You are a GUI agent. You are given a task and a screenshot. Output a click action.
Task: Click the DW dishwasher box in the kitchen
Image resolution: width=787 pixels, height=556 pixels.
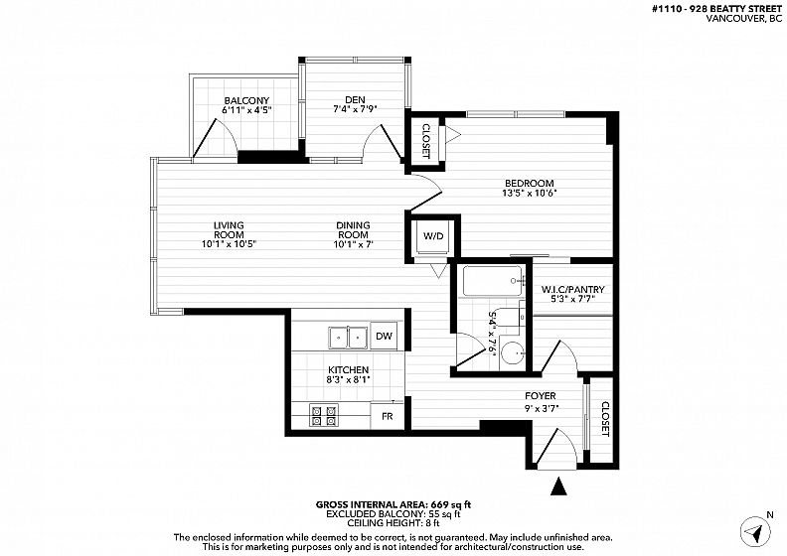[384, 336]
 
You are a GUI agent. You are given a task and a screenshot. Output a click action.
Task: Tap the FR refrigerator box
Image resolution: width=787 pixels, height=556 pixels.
[387, 416]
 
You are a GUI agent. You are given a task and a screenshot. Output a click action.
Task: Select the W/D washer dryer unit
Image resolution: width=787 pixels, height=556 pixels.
[433, 236]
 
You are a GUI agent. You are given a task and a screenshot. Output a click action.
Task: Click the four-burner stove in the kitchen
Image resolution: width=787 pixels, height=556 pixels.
[324, 415]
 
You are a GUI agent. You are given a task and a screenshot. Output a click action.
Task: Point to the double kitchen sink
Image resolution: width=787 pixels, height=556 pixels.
[349, 338]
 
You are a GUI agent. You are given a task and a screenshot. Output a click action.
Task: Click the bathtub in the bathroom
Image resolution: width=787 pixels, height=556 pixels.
[494, 281]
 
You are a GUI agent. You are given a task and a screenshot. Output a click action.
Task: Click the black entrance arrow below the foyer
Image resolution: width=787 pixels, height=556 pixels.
[558, 486]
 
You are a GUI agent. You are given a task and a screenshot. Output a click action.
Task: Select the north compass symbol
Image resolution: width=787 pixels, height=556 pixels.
[755, 531]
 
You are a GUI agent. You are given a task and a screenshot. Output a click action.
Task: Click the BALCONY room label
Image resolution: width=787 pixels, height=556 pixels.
[247, 100]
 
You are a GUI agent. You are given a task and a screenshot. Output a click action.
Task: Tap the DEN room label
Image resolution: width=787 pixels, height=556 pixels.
[356, 99]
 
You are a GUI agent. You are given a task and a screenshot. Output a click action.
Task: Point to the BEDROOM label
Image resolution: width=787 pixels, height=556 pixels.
[530, 184]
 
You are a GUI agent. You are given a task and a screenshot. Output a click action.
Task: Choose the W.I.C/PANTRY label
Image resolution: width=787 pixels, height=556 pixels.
[572, 290]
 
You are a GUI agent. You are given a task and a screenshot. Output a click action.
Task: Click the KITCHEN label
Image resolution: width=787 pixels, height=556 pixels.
[349, 370]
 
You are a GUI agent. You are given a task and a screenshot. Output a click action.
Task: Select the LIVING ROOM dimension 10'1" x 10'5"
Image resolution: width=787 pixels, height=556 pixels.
[229, 244]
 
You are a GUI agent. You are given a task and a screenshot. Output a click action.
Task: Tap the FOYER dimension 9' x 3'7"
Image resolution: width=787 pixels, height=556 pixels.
[541, 408]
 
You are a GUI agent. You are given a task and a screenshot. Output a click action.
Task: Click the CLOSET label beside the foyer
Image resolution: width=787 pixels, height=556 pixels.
[605, 419]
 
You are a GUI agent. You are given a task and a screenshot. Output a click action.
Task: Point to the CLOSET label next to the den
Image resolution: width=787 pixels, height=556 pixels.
[425, 141]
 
